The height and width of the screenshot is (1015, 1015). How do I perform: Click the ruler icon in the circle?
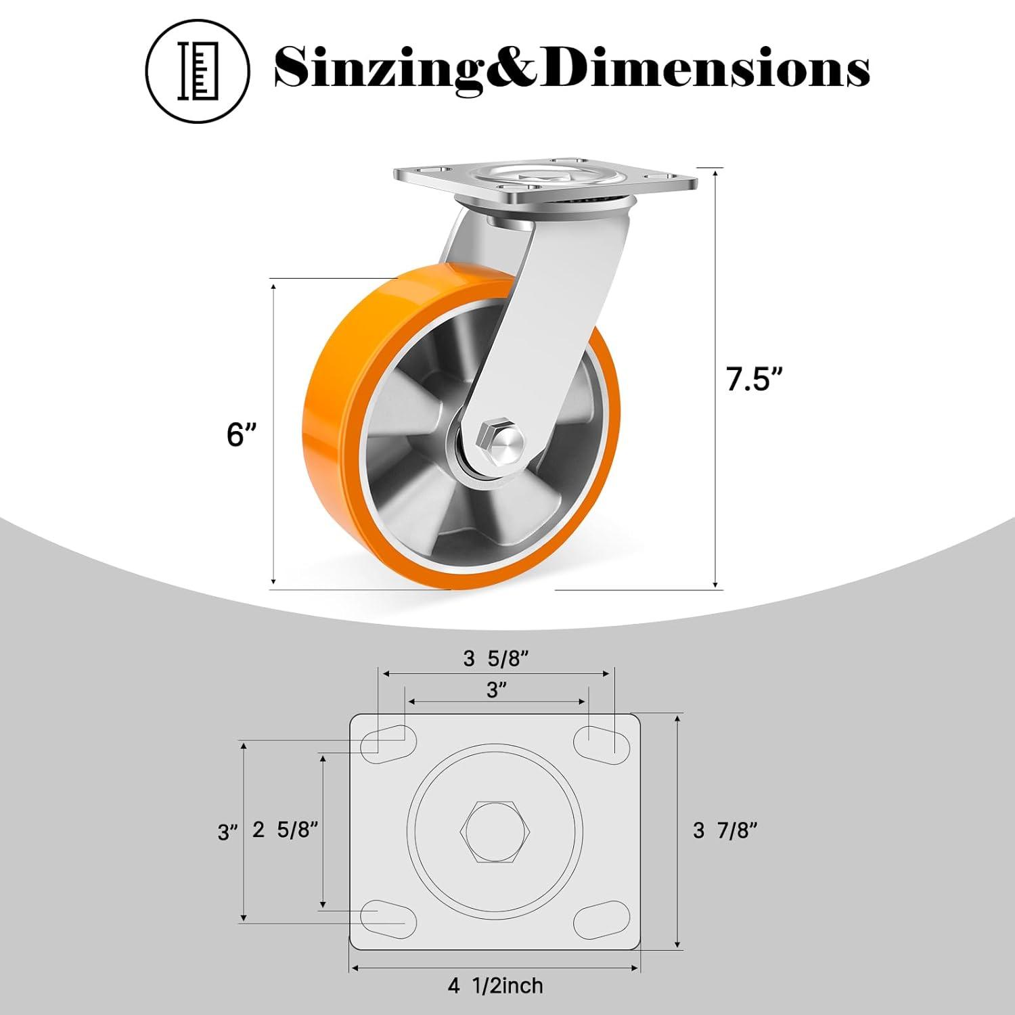coord(198,72)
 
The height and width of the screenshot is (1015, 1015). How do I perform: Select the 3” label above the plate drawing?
coord(497,690)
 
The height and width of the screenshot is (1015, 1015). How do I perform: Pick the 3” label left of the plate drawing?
coord(228,832)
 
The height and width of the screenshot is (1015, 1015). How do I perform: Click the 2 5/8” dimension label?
coord(285,830)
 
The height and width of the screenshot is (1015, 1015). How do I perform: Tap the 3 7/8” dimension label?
coord(725,830)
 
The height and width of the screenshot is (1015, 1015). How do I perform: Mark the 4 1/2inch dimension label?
coord(495,986)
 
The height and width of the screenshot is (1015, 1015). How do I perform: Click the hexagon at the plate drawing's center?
coord(496,832)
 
